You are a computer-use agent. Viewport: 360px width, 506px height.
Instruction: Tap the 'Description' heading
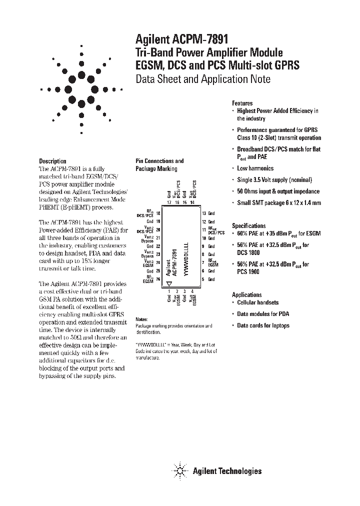coord(52,161)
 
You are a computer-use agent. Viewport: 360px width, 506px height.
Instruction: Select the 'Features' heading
coord(242,103)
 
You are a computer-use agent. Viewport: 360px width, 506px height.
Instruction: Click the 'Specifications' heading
coord(248,226)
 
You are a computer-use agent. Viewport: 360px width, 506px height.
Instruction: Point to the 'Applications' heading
coord(246,294)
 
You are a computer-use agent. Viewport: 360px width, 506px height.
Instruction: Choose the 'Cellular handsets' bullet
coord(257,302)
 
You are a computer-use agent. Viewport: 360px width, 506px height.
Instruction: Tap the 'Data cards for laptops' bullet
coord(263,325)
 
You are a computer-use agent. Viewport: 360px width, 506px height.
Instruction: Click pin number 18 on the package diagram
coord(158,213)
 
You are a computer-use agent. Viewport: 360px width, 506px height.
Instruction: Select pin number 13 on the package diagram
coord(204,213)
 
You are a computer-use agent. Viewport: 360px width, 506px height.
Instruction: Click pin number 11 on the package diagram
coord(204,230)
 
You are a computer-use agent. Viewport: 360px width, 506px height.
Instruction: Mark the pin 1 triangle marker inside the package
coord(169,283)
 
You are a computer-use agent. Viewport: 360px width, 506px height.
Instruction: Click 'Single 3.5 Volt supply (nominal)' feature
coord(274,180)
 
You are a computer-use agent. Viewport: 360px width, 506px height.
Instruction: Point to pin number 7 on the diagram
coord(203,262)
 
